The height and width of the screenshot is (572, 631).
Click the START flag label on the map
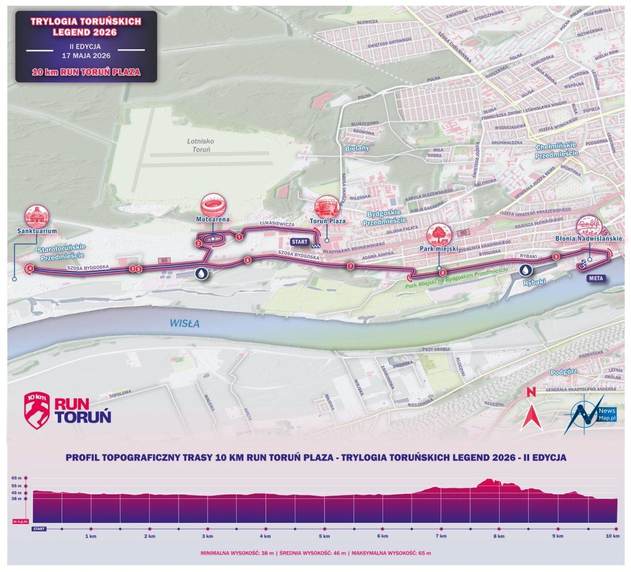pyautogui.click(x=301, y=242)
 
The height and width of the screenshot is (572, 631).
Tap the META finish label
pyautogui.click(x=595, y=277)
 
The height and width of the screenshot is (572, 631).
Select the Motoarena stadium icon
pyautogui.click(x=213, y=204)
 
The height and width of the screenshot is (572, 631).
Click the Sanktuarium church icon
pyautogui.click(x=36, y=216)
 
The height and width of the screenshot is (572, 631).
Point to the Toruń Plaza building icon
pyautogui.click(x=327, y=206)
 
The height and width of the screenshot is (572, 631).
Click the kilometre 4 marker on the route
pyautogui.click(x=30, y=268)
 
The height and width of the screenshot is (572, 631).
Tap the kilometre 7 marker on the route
pyautogui.click(x=350, y=267)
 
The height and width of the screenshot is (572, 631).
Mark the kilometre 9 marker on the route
pyautogui.click(x=556, y=256)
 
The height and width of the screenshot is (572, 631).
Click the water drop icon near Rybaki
pyautogui.click(x=524, y=270)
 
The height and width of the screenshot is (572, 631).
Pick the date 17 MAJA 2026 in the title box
pyautogui.click(x=86, y=56)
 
